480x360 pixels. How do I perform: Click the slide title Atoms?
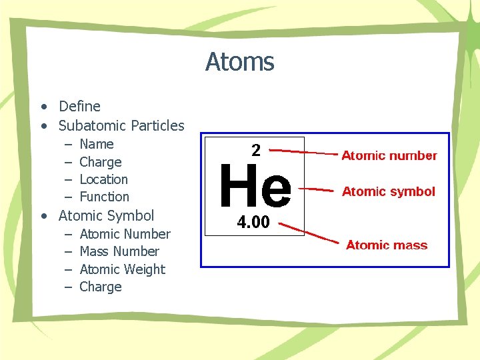[239, 62]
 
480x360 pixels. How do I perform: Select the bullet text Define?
[79, 106]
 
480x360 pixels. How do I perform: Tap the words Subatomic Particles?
[121, 125]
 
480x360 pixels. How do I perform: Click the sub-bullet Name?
[96, 144]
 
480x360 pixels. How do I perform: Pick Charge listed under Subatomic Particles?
[100, 162]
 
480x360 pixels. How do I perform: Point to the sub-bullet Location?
[103, 179]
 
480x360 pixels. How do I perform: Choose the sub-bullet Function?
[104, 197]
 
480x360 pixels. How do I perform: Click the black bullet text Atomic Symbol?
[106, 215]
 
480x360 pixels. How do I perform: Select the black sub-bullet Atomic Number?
[125, 234]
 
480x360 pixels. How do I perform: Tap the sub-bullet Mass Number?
[119, 251]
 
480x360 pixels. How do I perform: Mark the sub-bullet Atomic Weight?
[122, 269]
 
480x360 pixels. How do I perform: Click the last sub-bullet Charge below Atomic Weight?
[100, 287]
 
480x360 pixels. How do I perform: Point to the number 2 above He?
[256, 151]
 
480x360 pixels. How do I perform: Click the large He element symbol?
[255, 187]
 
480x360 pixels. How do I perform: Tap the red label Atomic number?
[389, 156]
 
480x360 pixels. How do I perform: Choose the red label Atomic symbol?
[388, 192]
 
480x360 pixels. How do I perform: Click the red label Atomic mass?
[387, 245]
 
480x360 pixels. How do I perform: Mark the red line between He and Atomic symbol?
[313, 189]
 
